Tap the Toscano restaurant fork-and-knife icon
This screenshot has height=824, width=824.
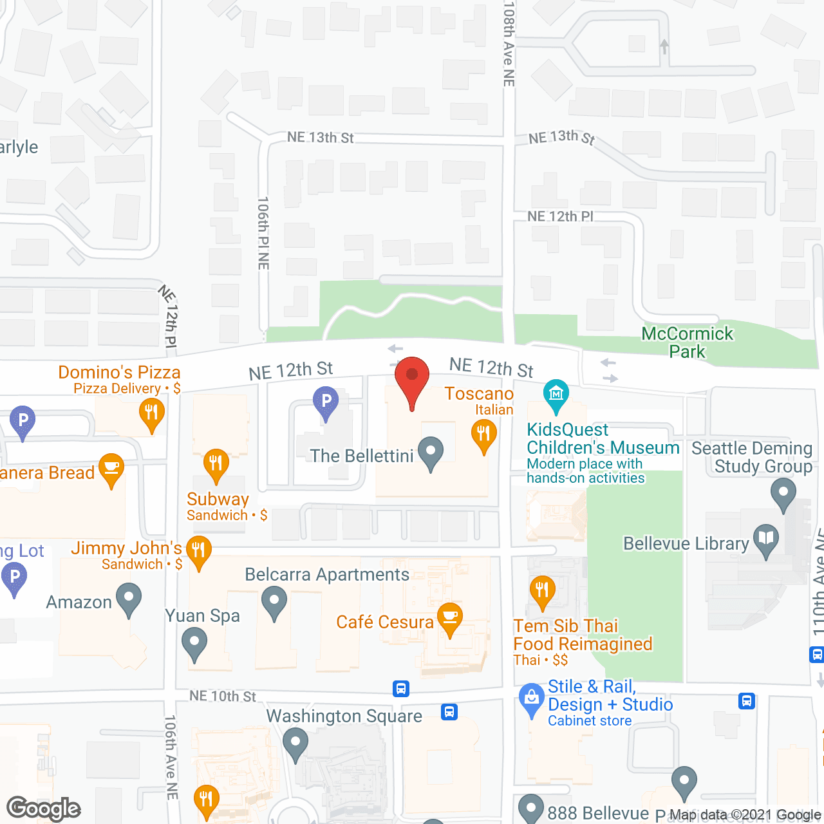[x=483, y=433]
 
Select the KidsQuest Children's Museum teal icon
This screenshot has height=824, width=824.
[x=556, y=394]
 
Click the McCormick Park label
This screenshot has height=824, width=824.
[x=688, y=342]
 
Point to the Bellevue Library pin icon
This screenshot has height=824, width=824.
[x=766, y=539]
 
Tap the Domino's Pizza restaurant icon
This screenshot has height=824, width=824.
[x=151, y=412]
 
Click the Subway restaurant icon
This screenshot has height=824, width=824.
[x=216, y=463]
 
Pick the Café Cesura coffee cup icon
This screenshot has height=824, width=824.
[x=450, y=617]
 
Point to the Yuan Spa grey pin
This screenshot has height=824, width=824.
[x=194, y=642]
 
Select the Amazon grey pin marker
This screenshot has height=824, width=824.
[x=129, y=597]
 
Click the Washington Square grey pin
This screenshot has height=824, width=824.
[x=295, y=742]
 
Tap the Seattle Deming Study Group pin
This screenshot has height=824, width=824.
[x=783, y=494]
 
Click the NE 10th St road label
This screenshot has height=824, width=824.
[x=223, y=696]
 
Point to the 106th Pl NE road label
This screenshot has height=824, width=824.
[x=263, y=233]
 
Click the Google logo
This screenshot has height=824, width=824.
[x=44, y=809]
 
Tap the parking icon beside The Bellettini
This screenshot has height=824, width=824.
[x=326, y=401]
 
